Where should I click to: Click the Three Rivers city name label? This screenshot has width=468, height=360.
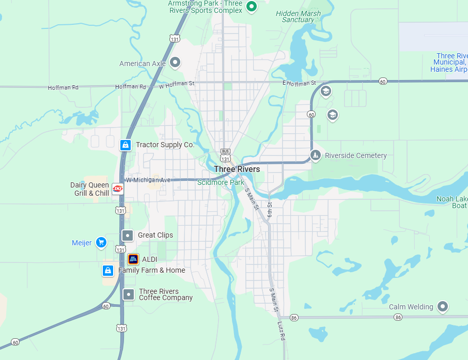(237, 169)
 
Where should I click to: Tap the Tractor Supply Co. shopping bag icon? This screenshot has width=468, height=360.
(125, 145)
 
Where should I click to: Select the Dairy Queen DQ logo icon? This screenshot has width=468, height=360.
(118, 189)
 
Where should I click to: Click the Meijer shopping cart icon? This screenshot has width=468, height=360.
(101, 242)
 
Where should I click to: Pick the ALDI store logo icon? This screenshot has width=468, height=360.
(133, 259)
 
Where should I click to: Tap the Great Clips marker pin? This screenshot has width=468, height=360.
(127, 236)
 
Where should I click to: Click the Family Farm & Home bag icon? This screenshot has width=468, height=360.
(108, 270)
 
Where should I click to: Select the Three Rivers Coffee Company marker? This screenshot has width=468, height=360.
(128, 294)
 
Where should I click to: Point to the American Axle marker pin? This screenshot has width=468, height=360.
(175, 62)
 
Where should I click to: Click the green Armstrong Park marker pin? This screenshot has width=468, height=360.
(252, 7)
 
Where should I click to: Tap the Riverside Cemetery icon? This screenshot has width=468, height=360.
(316, 155)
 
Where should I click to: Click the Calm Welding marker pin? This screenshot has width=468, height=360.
(442, 306)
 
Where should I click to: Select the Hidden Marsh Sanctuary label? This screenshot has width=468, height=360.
(298, 17)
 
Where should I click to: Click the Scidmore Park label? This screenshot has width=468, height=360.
(221, 182)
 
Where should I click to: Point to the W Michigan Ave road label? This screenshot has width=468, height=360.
(148, 180)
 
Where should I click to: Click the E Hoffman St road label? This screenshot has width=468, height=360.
(299, 83)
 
